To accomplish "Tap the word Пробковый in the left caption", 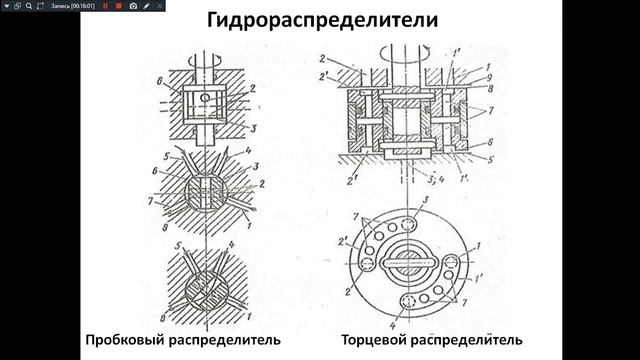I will pyautogui.click(x=125, y=341).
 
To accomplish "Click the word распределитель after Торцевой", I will pyautogui.click(x=479, y=341).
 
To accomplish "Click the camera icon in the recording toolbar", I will pyautogui.click(x=132, y=6).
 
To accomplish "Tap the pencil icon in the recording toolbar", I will pyautogui.click(x=146, y=6).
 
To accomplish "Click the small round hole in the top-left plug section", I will pyautogui.click(x=205, y=98).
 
